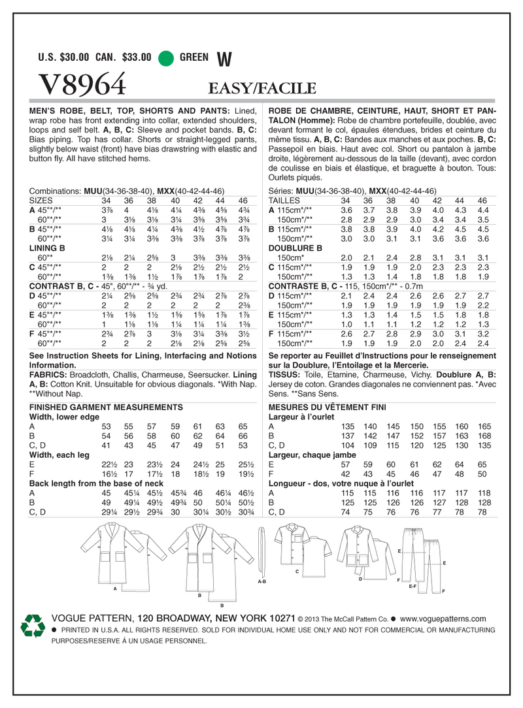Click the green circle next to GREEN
tap(166, 57)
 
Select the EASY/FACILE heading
tap(262, 88)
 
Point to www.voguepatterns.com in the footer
tap(443, 618)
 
